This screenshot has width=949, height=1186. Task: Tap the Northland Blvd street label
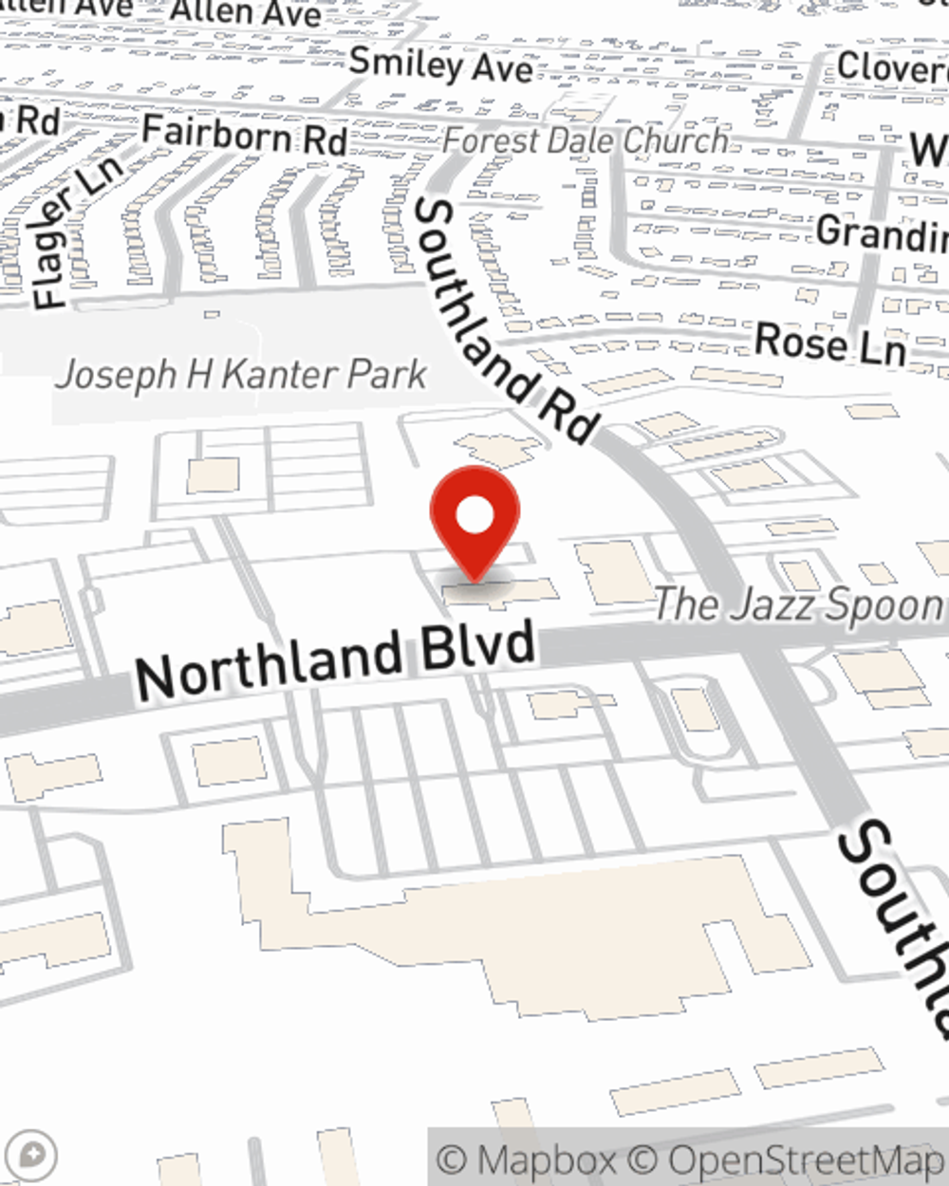pos(334,660)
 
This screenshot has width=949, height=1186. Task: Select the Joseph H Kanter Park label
pos(241,376)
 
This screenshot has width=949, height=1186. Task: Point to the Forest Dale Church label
pos(586,141)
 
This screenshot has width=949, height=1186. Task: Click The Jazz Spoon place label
pos(799,604)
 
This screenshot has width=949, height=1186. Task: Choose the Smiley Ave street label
pos(440,65)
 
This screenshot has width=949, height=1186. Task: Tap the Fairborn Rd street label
pos(244,135)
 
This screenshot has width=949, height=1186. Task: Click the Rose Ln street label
pos(829,343)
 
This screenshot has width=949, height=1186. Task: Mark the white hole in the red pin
pos(474,515)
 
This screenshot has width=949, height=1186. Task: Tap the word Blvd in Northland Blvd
pos(488,648)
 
